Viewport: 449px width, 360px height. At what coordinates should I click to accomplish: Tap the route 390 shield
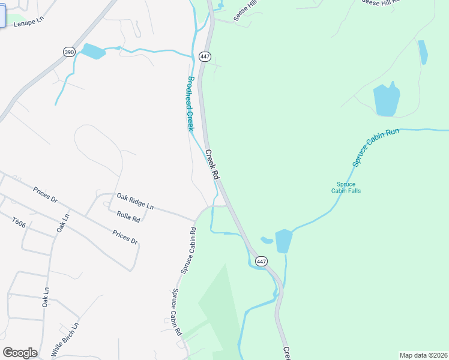(x=68, y=52)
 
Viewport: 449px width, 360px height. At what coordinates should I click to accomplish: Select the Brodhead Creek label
(x=191, y=104)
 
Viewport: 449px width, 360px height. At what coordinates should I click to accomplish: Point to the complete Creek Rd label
(x=212, y=164)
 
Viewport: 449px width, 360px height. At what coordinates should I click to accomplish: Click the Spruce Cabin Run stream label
(x=375, y=147)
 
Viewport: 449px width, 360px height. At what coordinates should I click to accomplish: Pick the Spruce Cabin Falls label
(x=346, y=188)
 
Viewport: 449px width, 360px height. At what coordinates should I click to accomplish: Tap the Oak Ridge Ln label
(x=134, y=201)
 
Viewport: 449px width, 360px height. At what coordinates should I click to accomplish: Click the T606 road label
(x=19, y=222)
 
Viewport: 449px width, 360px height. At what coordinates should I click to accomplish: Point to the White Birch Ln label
(x=65, y=338)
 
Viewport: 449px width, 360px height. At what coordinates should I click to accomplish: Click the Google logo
(x=20, y=353)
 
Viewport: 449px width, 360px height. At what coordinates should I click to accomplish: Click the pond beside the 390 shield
(x=93, y=51)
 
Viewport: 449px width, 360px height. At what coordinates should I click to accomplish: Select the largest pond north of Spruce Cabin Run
(x=386, y=100)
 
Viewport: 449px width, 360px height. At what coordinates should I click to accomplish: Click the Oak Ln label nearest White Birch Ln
(x=46, y=297)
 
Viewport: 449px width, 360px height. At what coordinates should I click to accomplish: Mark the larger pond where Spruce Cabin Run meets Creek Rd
(x=283, y=241)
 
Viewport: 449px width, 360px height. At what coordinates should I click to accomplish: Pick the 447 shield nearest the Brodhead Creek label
(x=205, y=56)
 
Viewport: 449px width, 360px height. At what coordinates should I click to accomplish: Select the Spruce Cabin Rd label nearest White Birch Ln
(x=177, y=312)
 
